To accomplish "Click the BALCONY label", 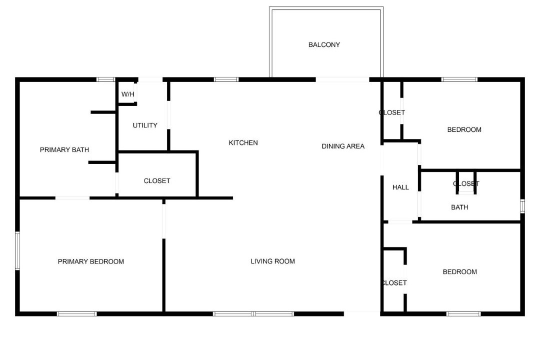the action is [x=324, y=45].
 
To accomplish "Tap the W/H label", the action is [x=128, y=94].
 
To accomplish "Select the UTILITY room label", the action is [x=145, y=125].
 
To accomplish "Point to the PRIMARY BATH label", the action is [x=64, y=150].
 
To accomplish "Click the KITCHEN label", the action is [x=243, y=142].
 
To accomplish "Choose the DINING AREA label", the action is [x=343, y=146].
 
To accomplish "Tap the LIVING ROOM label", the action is [x=273, y=261].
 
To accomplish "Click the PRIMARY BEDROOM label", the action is [x=91, y=262].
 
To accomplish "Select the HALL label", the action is [x=400, y=187].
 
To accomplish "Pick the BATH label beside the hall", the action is [x=459, y=207].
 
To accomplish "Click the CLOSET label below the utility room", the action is [x=157, y=181].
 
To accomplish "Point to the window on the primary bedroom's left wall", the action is [x=17, y=251].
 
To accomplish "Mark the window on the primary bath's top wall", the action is [x=105, y=79].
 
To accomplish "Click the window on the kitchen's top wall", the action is [x=226, y=79].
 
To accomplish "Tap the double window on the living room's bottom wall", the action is [x=253, y=314].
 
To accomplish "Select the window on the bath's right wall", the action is [x=522, y=206].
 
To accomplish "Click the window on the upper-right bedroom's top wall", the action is [x=459, y=79].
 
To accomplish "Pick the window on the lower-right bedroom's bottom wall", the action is [x=463, y=314].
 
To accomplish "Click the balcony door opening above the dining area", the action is [x=342, y=79].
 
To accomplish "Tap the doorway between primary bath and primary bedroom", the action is [x=72, y=198].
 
